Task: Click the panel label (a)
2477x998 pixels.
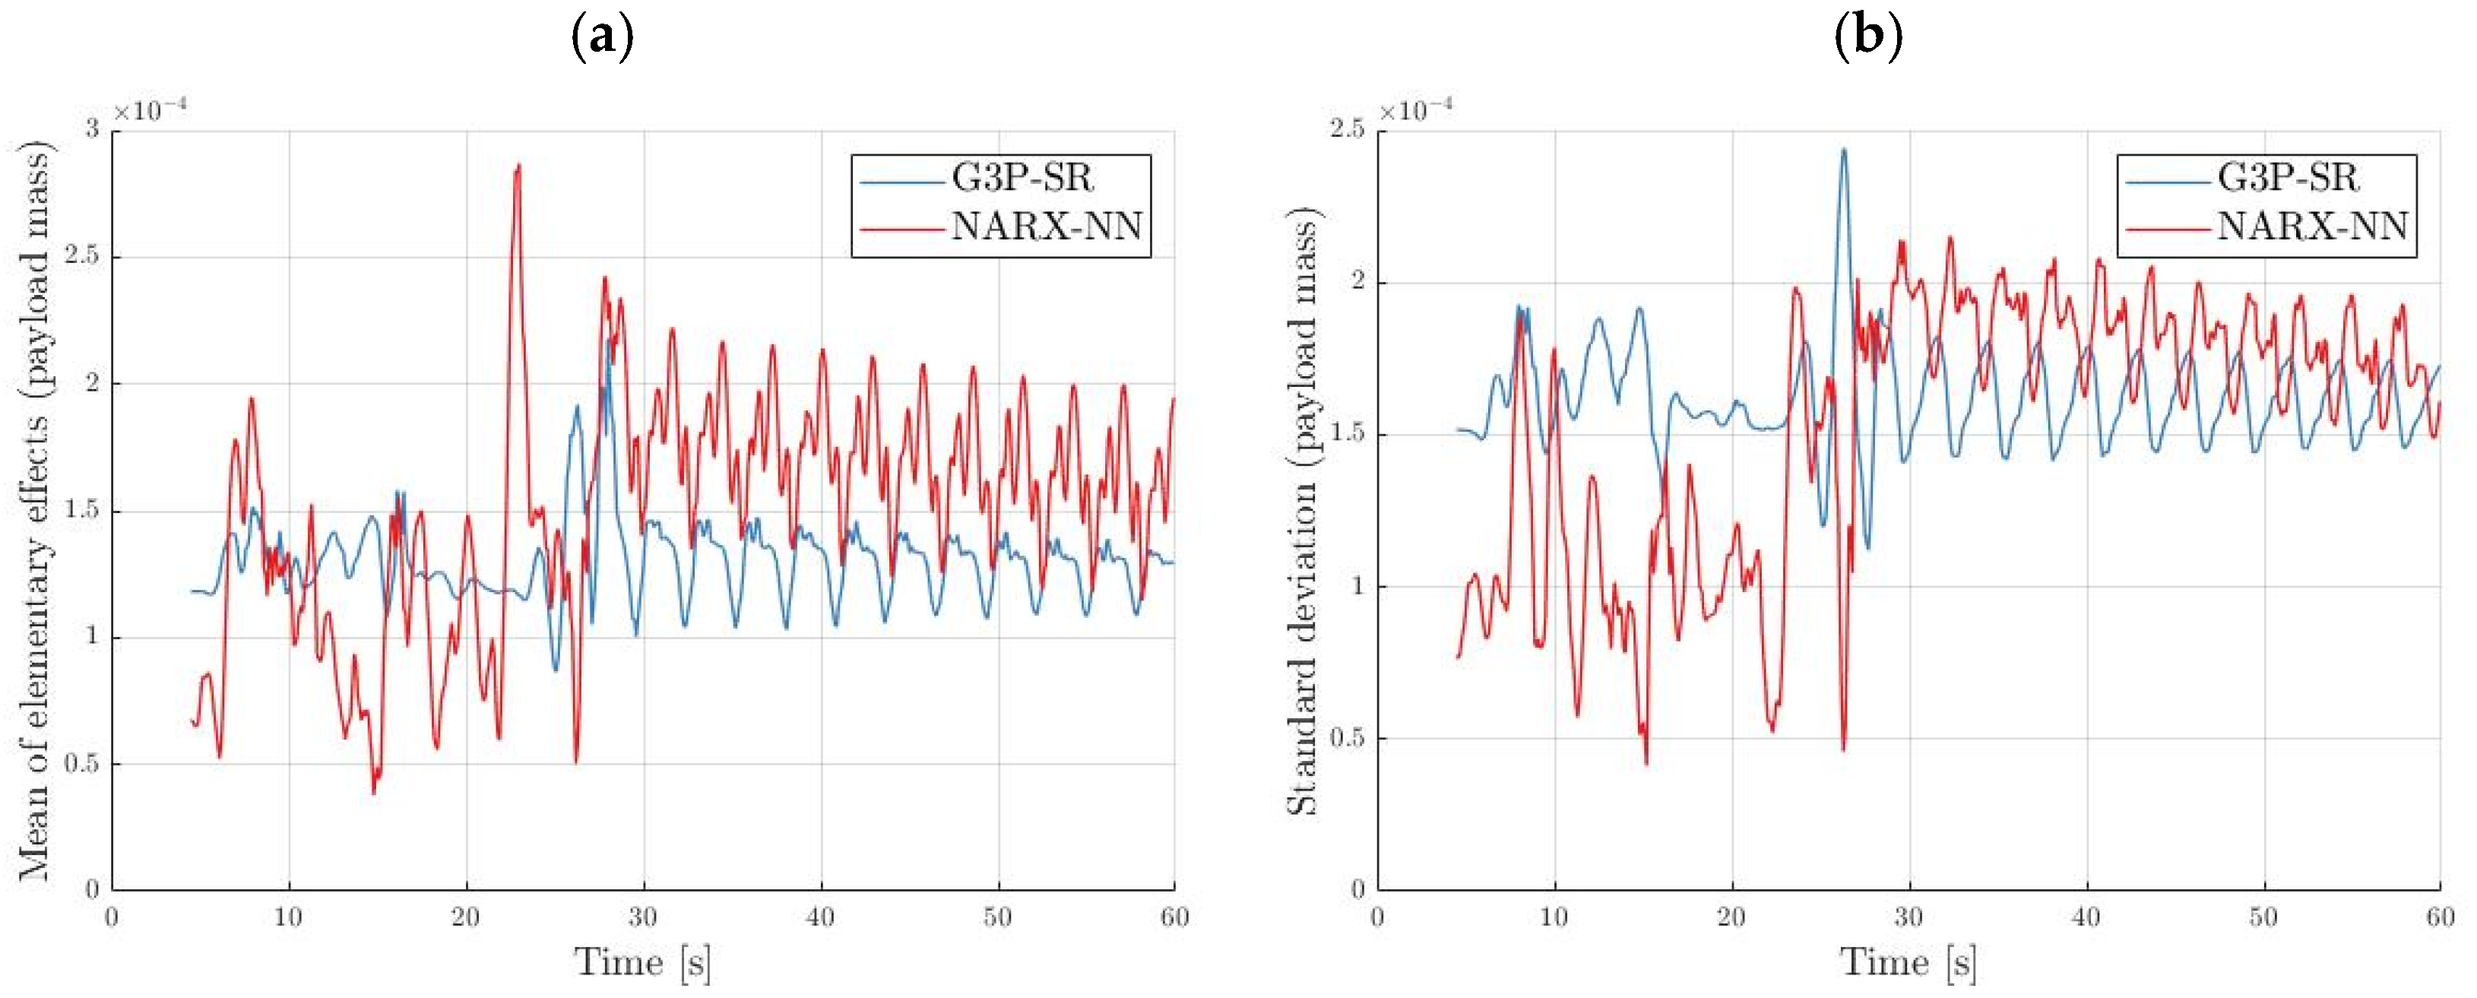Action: click(603, 39)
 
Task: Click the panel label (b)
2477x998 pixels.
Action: click(1868, 39)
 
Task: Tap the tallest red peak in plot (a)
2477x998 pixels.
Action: click(518, 166)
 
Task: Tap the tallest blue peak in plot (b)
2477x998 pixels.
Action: click(1843, 150)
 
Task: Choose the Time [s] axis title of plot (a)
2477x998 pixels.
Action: click(642, 962)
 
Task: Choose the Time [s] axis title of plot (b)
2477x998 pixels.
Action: click(1908, 962)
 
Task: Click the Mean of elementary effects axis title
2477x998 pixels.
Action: click(36, 509)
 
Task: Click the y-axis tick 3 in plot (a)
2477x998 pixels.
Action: click(92, 130)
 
